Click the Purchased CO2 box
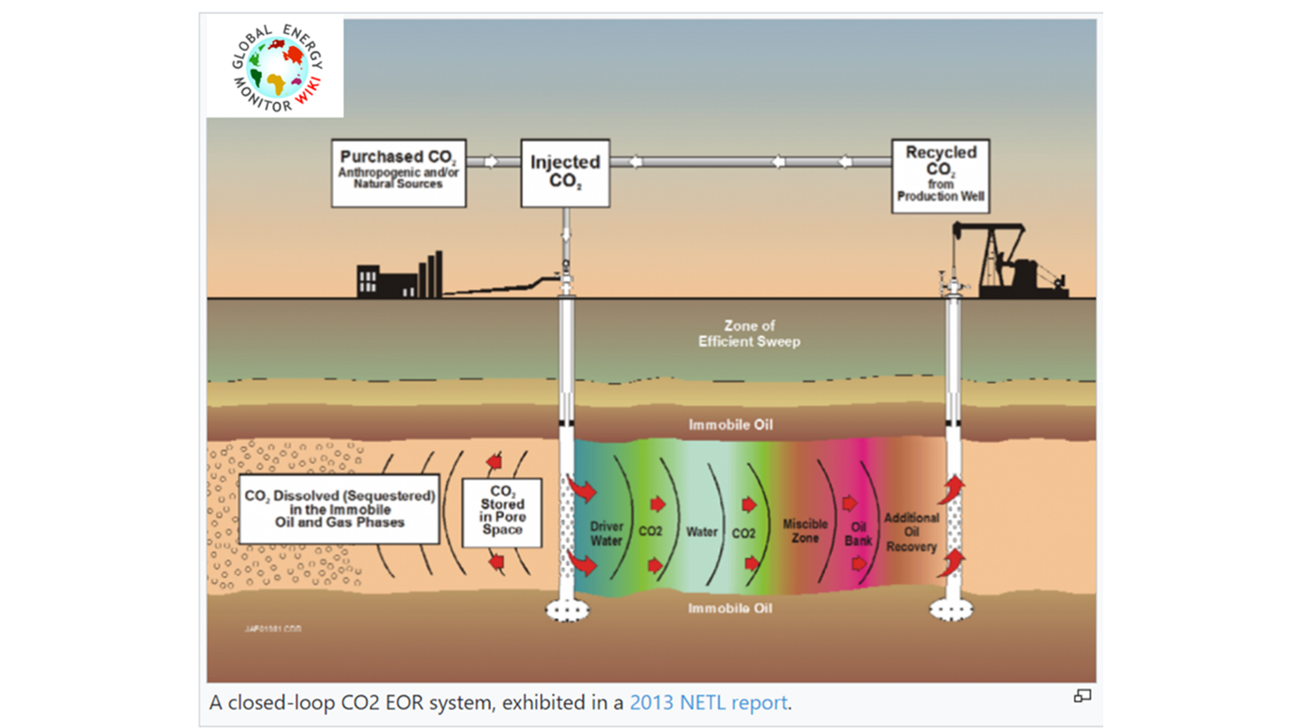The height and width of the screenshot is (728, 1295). click(398, 173)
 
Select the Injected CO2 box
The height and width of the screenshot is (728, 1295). click(565, 173)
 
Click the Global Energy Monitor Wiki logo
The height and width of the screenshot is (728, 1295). click(277, 68)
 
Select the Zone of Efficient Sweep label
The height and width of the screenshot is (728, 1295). click(749, 334)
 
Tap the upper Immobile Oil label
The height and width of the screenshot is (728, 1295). click(730, 425)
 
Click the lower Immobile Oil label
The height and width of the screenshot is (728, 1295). click(730, 608)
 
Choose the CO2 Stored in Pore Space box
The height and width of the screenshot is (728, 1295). click(502, 512)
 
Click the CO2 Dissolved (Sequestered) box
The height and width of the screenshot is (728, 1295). click(339, 509)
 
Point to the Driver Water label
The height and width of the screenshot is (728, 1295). click(606, 533)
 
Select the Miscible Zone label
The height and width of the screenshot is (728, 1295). click(805, 530)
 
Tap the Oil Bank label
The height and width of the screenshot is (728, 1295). click(858, 534)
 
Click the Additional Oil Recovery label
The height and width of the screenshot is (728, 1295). click(911, 532)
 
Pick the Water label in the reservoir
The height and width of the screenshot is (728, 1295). click(701, 532)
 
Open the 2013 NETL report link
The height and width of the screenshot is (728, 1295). click(708, 702)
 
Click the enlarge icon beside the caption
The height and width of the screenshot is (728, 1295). click(1083, 696)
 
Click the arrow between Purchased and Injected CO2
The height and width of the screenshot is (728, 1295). click(492, 162)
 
